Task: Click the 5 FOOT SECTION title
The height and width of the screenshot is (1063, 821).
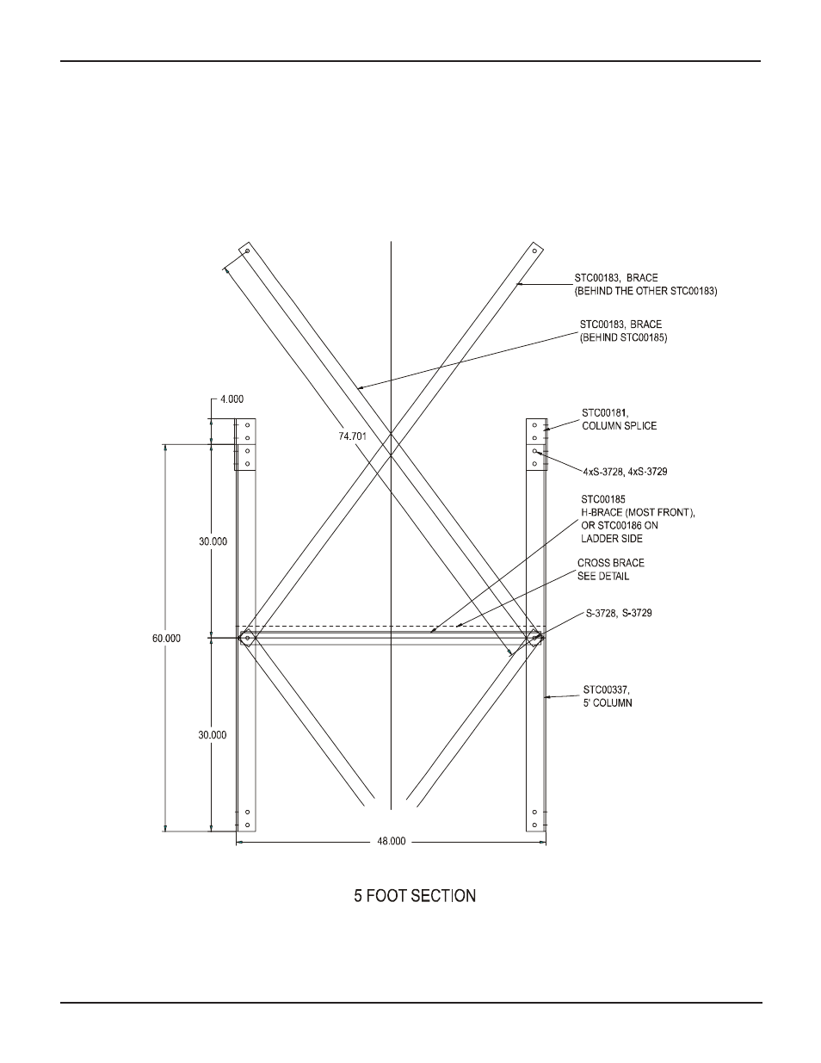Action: click(415, 896)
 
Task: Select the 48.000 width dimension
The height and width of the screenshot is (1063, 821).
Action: click(392, 842)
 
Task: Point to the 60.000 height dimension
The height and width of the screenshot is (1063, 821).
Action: click(167, 638)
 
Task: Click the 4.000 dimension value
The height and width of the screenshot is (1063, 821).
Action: click(232, 399)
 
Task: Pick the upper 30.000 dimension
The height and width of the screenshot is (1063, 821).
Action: click(213, 541)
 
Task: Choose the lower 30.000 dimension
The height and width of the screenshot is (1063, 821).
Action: click(213, 735)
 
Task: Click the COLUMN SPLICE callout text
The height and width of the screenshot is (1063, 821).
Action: click(619, 426)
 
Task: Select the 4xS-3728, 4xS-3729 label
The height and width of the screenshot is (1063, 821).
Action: click(625, 472)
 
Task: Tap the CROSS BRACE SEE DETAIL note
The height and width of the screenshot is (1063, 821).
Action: click(610, 569)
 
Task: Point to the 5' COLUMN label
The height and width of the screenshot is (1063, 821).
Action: click(608, 702)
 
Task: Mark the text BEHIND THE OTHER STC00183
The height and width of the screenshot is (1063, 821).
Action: click(645, 292)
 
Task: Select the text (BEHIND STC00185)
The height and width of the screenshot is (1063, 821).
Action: click(624, 338)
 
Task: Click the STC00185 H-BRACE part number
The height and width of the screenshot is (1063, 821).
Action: click(603, 499)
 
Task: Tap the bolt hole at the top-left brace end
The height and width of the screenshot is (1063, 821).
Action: click(247, 251)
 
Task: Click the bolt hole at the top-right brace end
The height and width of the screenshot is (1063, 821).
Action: click(535, 251)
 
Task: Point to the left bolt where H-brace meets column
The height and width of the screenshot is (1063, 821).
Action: click(247, 638)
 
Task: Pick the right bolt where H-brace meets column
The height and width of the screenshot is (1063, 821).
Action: click(535, 638)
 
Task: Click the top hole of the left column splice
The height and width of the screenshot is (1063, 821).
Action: click(248, 425)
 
